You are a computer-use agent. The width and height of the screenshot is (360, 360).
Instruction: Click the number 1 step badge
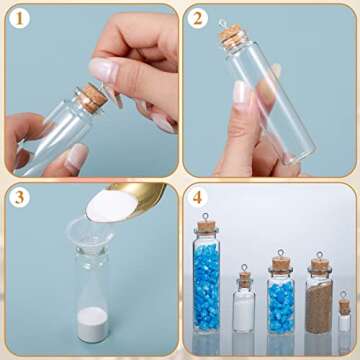pyautogui.click(x=18, y=18)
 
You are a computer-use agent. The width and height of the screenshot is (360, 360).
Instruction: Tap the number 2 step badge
pyautogui.click(x=198, y=18)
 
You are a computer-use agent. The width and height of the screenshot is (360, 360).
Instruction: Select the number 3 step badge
pyautogui.click(x=18, y=197)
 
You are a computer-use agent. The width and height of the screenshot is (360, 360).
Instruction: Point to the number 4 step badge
pyautogui.click(x=198, y=197)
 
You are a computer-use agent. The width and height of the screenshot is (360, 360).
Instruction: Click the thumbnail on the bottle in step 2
pyautogui.click(x=242, y=93)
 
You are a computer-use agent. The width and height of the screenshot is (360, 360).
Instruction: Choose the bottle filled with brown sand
pyautogui.click(x=319, y=300)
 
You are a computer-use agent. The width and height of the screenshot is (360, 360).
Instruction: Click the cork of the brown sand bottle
pyautogui.click(x=319, y=266)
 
